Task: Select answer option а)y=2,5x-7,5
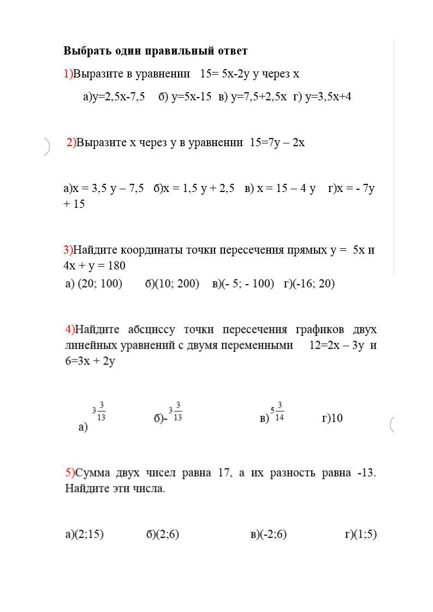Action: point(114,97)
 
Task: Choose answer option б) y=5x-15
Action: point(185,97)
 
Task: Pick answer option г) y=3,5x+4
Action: point(322,97)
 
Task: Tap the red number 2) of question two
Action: point(71,143)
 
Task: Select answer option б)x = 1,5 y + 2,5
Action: point(194,189)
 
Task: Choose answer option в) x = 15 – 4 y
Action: point(280,189)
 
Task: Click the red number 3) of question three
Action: point(68,250)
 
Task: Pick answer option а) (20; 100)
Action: point(93,284)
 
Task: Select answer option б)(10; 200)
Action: point(172,284)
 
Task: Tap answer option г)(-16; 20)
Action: point(309,284)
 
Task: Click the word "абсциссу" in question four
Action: point(152,330)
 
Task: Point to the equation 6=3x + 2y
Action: point(90,361)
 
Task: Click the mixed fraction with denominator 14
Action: point(277,412)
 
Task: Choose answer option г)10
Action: point(333,418)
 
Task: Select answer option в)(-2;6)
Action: point(268,535)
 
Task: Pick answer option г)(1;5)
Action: point(360,535)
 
